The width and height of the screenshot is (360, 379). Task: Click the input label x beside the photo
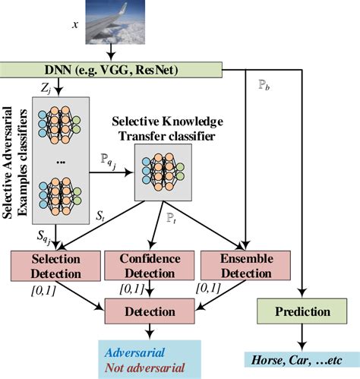[x=74, y=25]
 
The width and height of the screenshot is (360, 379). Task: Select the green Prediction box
[x=304, y=311]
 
